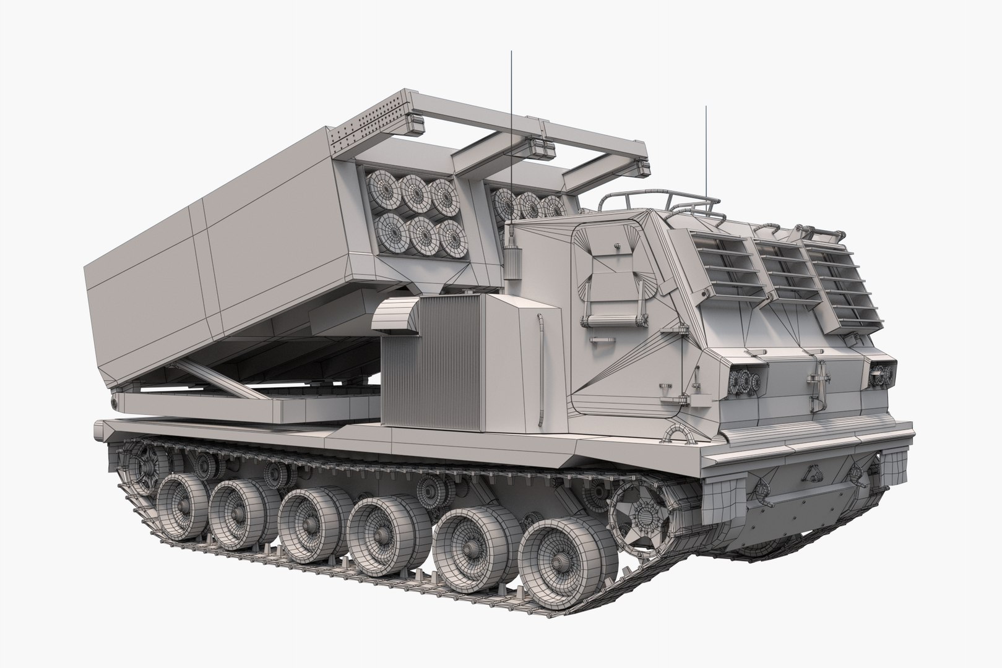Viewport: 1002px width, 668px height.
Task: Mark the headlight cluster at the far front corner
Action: coord(883,372)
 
